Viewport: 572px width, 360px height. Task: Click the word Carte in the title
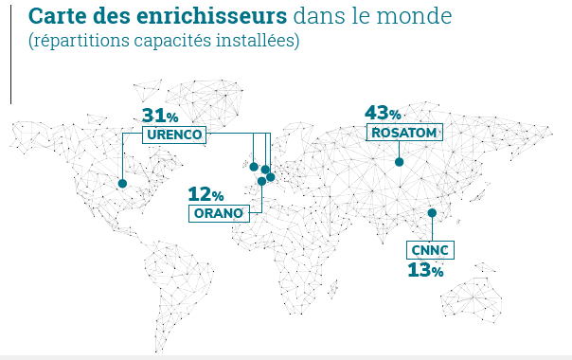pos(55,17)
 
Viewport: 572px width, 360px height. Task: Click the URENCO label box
pos(175,135)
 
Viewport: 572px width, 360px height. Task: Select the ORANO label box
pos(220,213)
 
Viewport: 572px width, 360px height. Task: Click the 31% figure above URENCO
pos(160,116)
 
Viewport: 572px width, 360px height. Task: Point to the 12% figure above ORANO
pos(206,194)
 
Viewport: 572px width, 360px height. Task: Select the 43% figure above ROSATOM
pos(384,114)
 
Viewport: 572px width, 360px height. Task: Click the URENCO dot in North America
pos(122,184)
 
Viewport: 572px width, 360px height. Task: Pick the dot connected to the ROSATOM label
pos(399,162)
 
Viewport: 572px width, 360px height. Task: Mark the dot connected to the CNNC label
pos(432,212)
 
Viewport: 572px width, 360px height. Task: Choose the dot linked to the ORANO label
pos(261,181)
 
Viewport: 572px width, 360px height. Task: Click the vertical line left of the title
pos(11,52)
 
